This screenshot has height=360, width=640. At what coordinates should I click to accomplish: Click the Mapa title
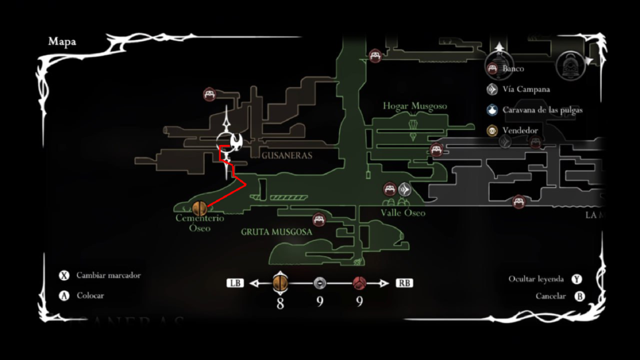62,42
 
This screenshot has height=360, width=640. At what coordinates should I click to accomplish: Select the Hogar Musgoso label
415,106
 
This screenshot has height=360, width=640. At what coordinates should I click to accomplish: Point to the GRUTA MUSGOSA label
276,231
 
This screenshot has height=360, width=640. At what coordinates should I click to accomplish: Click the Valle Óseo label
402,212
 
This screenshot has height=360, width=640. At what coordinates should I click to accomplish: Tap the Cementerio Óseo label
199,223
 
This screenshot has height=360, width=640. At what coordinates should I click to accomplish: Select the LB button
235,283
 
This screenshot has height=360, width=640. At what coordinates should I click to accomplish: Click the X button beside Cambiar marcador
64,276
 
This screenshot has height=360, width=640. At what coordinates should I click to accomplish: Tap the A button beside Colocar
64,296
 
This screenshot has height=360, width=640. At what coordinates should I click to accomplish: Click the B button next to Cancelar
579,296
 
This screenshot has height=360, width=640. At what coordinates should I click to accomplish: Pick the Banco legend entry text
513,69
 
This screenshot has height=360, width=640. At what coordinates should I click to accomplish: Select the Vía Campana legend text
526,89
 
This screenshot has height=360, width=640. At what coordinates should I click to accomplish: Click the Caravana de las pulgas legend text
542,110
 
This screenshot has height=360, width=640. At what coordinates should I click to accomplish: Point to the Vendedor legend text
520,131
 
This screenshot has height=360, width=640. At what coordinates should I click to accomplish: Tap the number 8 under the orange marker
280,304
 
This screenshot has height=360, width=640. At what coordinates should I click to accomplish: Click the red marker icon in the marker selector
359,283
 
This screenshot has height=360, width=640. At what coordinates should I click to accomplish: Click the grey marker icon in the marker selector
319,283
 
